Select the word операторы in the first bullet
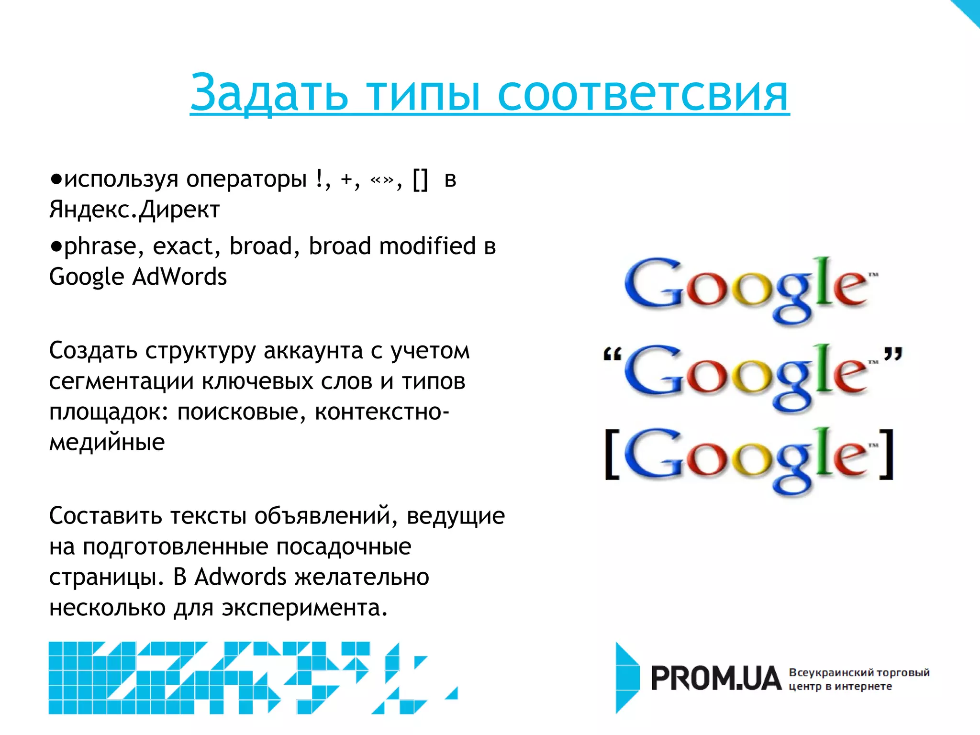[x=246, y=179]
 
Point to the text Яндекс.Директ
[x=134, y=210]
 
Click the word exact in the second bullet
[x=182, y=246]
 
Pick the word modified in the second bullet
[x=427, y=246]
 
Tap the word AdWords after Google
[x=179, y=277]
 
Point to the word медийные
[x=107, y=442]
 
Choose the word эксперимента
[x=304, y=608]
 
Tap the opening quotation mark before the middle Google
[x=612, y=355]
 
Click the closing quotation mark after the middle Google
[x=892, y=354]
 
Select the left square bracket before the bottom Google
[x=612, y=454]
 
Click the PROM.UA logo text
[x=715, y=679]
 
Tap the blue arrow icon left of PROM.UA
[x=627, y=678]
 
